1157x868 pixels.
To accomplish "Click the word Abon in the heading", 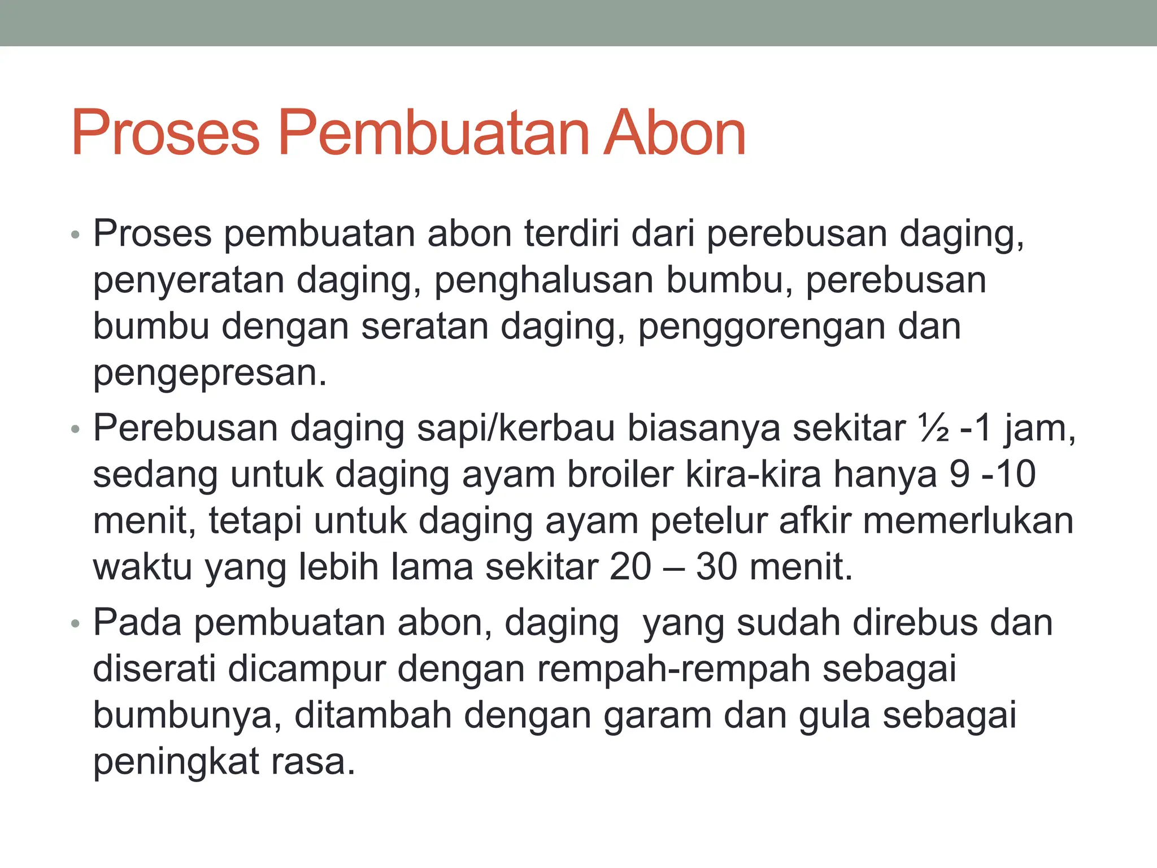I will [675, 133].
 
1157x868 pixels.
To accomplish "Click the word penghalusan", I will [543, 280].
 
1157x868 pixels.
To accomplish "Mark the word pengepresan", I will [210, 373].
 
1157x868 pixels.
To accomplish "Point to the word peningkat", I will [176, 762].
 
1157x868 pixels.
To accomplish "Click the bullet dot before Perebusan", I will [76, 429].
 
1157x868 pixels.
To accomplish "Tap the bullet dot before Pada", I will [76, 624].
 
